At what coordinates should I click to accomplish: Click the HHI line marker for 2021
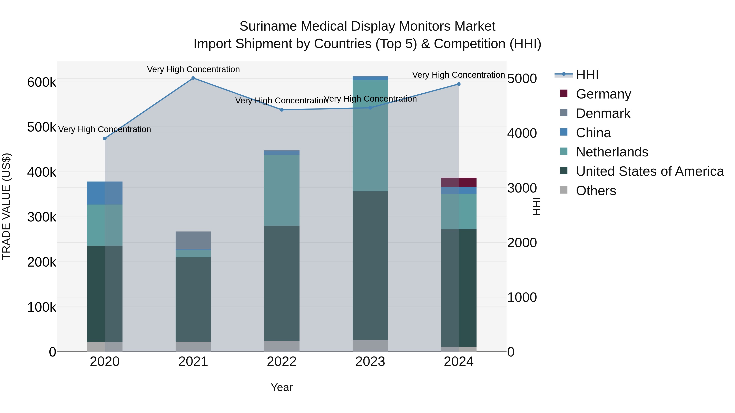point(193,78)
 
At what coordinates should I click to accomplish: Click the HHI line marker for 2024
point(459,84)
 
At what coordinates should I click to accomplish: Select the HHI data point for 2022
point(282,110)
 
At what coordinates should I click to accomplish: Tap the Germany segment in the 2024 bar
point(459,182)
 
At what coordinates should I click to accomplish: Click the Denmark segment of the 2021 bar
point(193,240)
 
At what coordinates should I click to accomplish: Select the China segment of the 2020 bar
point(105,193)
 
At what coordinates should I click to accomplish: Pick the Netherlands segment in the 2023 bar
point(370,135)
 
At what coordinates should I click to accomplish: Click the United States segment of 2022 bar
point(282,283)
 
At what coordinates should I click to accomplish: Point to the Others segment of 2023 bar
point(370,346)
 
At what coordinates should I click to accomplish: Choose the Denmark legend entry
point(603,113)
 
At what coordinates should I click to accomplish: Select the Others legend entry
point(596,191)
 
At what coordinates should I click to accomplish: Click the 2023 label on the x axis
point(370,362)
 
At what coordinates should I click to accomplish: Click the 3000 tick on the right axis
point(522,188)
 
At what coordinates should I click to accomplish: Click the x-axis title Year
point(282,387)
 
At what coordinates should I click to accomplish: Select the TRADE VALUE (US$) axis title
point(6,206)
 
